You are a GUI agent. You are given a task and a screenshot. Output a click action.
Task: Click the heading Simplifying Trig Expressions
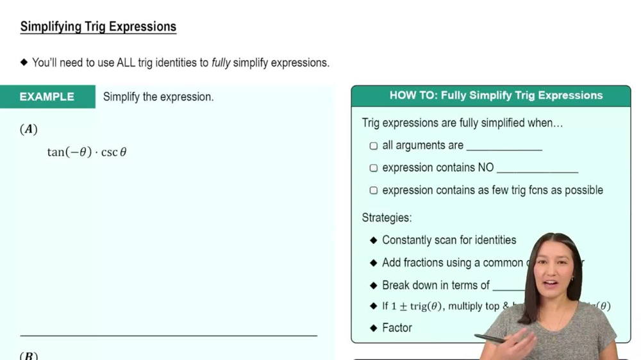coord(98,27)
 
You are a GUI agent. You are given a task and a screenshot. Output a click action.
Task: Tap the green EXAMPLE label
coord(47,97)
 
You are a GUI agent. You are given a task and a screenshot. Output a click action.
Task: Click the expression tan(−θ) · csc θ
coord(87,152)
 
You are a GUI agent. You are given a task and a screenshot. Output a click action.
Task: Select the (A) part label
coord(29,129)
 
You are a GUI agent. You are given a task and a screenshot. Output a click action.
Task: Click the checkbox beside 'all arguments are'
coord(374,146)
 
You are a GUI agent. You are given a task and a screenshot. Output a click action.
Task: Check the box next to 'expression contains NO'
coord(374,168)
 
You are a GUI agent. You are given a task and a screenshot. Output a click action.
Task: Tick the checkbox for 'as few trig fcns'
coord(374,190)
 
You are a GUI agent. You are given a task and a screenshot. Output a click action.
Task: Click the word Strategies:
coord(387,218)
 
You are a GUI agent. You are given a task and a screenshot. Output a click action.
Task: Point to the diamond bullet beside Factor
coord(374,328)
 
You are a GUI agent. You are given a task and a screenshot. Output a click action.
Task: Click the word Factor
coord(397,328)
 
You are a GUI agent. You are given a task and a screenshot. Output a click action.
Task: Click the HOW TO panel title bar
coord(490,95)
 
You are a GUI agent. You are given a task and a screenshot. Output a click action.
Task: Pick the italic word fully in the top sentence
coord(221,63)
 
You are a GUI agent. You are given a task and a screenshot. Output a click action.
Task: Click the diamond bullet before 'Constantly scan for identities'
coord(374,240)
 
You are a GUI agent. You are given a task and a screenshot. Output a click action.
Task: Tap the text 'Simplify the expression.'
coord(158,97)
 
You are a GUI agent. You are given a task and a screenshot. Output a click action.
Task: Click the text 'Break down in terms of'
coord(436,285)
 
